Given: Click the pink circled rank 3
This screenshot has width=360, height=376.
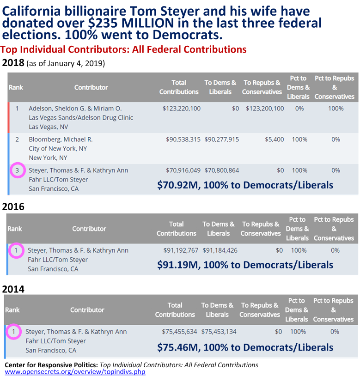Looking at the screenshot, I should pyautogui.click(x=17, y=170).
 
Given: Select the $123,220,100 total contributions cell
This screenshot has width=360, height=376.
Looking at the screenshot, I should pyautogui.click(x=181, y=109).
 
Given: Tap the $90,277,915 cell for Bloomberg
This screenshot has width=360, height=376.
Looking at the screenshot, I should pyautogui.click(x=221, y=139).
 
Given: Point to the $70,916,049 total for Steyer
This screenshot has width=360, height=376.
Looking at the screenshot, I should pyautogui.click(x=183, y=170).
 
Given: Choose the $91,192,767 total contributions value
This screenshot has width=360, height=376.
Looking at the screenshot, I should pyautogui.click(x=181, y=250).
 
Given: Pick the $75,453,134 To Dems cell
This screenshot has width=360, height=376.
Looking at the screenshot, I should pyautogui.click(x=220, y=332).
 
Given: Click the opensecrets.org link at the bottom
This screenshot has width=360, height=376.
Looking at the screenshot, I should pyautogui.click(x=75, y=371).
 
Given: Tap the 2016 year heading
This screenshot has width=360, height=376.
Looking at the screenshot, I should pyautogui.click(x=13, y=207).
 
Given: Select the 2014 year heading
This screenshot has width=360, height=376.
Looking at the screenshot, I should pyautogui.click(x=13, y=289).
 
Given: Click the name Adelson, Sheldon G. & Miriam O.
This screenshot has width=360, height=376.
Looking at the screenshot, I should pyautogui.click(x=75, y=109).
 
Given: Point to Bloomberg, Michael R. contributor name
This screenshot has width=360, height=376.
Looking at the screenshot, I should pyautogui.click(x=61, y=139).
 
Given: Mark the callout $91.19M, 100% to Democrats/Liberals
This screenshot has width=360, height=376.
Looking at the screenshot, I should pyautogui.click(x=245, y=265).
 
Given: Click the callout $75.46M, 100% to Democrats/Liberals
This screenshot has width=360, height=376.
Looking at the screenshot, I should pyautogui.click(x=245, y=347).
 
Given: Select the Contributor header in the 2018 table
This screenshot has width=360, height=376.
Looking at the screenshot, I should pyautogui.click(x=91, y=87).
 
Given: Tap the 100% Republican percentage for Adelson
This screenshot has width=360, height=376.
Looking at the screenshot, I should pyautogui.click(x=336, y=109).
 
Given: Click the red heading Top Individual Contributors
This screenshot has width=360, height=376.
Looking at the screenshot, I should pyautogui.click(x=123, y=49).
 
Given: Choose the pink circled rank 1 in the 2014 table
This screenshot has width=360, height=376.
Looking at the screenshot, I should pyautogui.click(x=14, y=332).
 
